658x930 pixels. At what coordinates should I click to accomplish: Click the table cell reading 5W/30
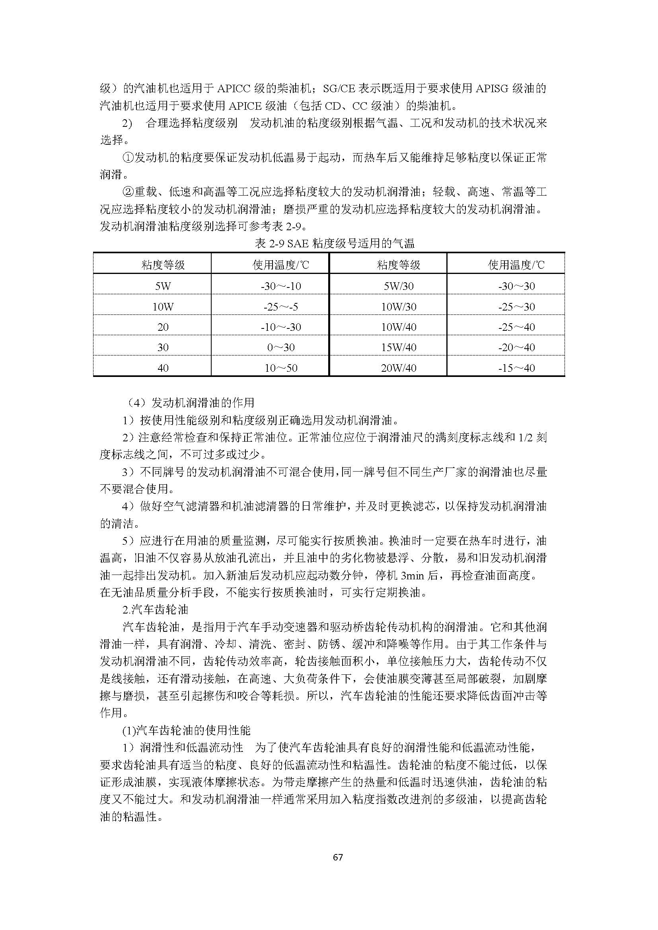pos(398,286)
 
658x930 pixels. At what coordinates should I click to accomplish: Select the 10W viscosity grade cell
pos(163,307)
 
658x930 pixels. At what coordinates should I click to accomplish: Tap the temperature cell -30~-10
pos(281,286)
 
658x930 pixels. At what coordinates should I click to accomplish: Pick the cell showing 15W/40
pos(398,347)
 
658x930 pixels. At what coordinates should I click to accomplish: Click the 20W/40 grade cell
pos(398,368)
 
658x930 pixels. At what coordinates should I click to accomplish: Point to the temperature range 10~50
pos(281,368)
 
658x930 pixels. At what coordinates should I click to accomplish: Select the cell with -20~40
pos(516,347)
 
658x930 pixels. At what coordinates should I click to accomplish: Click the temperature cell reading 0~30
pos(281,347)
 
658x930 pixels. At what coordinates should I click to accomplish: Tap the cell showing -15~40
pos(516,368)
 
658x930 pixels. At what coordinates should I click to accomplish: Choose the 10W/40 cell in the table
pos(398,327)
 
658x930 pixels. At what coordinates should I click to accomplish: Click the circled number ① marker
pos(128,157)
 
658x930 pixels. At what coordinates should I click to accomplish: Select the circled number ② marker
pos(128,192)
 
